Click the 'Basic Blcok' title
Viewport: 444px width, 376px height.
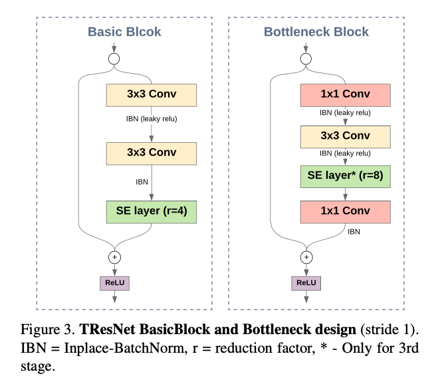[124, 31]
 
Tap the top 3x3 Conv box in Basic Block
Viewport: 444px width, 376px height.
[152, 95]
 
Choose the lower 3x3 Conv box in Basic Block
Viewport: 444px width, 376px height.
[152, 153]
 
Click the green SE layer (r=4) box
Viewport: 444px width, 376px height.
[152, 211]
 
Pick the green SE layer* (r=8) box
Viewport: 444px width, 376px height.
[344, 177]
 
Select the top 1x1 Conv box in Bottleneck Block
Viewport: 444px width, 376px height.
[344, 95]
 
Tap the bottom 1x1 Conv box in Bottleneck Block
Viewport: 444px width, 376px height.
[344, 211]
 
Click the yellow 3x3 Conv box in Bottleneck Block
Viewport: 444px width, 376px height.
[344, 136]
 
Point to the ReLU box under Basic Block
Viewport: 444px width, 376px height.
[114, 282]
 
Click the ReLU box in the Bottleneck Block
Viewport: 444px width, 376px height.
[306, 282]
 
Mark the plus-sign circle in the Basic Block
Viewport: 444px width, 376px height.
[114, 256]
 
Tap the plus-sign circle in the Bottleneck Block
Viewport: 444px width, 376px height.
[306, 256]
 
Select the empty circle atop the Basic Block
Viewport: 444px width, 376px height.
[114, 59]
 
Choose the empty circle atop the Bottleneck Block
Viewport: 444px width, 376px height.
[306, 59]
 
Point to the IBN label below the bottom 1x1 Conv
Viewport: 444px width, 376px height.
[354, 233]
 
